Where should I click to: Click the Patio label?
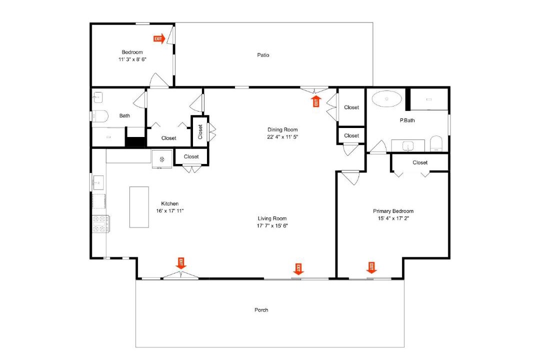263,55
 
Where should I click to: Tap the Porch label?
261,310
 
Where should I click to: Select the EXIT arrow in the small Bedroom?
159,38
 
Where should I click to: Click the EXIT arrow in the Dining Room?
316,101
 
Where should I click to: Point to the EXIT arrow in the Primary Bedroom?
371,267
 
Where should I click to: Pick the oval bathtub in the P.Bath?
386,99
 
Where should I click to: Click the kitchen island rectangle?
139,207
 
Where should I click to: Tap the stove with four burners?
101,223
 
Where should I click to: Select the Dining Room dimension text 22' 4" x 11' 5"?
282,137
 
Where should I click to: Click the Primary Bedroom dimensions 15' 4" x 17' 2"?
393,218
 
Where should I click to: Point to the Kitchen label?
170,203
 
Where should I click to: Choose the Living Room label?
272,218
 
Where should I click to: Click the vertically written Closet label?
200,131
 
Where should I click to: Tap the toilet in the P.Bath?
436,143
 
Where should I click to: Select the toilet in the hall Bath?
100,116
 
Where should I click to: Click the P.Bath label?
407,120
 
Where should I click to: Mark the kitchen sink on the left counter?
98,182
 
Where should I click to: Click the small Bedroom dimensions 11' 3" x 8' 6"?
132,59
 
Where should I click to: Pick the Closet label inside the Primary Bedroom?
420,162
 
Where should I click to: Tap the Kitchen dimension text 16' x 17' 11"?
170,211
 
